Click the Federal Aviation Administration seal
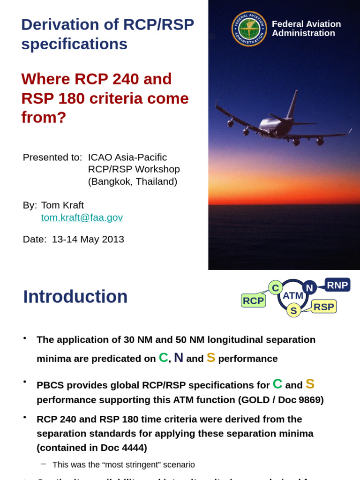[x=249, y=29]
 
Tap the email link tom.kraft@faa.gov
[x=82, y=217]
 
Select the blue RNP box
[x=337, y=285]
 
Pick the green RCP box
[x=253, y=300]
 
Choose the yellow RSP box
[x=324, y=307]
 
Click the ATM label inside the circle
[x=293, y=296]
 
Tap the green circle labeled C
[x=275, y=287]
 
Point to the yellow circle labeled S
[x=293, y=310]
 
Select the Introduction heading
[x=75, y=297]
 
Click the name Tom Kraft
[x=62, y=205]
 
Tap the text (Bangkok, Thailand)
[x=133, y=182]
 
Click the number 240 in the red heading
[x=125, y=79]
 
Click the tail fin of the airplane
[x=292, y=104]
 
